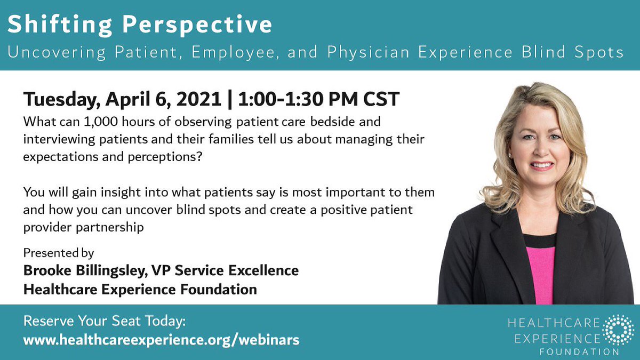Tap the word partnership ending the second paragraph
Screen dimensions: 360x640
[110, 227]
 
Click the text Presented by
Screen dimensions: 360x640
[58, 253]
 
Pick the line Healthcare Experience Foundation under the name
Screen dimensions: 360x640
[140, 290]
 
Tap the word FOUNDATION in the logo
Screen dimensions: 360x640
[579, 352]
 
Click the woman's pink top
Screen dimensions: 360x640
[540, 272]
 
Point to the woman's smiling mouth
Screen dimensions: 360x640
[542, 166]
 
